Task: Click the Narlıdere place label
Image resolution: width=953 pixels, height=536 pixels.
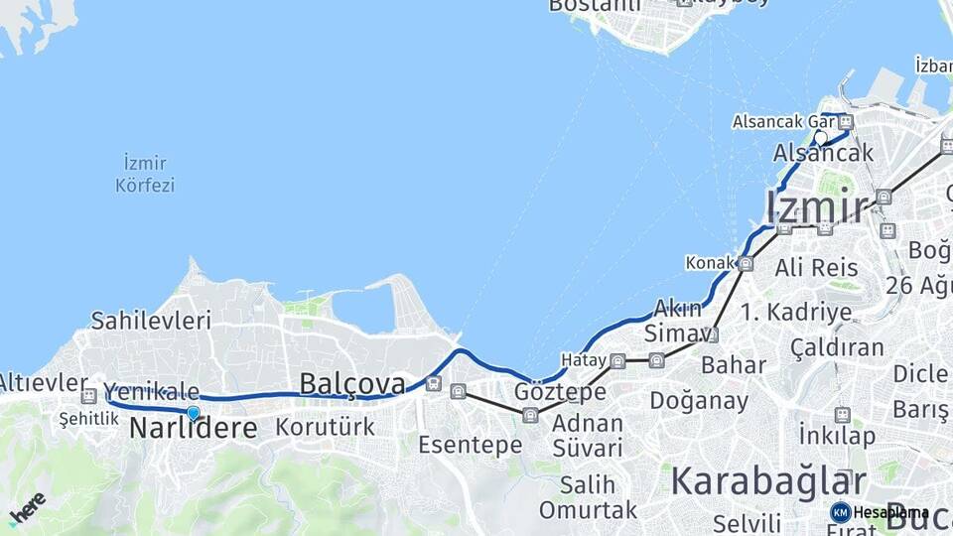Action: pyautogui.click(x=194, y=429)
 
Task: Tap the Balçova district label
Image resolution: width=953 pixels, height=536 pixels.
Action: pyautogui.click(x=352, y=383)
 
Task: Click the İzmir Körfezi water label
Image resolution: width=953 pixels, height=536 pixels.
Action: pyautogui.click(x=145, y=174)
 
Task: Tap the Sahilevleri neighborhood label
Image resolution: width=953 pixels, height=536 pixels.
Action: pyautogui.click(x=151, y=320)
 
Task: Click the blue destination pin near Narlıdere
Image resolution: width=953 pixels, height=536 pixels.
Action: pyautogui.click(x=193, y=413)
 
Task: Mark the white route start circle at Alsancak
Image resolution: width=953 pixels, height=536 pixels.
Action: pyautogui.click(x=821, y=138)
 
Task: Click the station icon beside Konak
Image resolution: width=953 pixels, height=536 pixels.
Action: pyautogui.click(x=746, y=264)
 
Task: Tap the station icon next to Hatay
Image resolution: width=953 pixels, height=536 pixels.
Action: pyautogui.click(x=617, y=360)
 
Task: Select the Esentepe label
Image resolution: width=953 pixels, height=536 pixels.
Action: pyautogui.click(x=470, y=445)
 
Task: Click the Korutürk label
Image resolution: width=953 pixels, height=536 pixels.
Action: pyautogui.click(x=326, y=428)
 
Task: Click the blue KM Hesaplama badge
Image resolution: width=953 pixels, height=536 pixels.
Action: pyautogui.click(x=840, y=512)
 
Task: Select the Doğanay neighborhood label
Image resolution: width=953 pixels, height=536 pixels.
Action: pyautogui.click(x=699, y=400)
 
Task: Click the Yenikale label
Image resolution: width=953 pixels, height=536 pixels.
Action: pyautogui.click(x=151, y=392)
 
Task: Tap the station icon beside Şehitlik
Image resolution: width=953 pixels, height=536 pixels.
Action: pyautogui.click(x=88, y=396)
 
